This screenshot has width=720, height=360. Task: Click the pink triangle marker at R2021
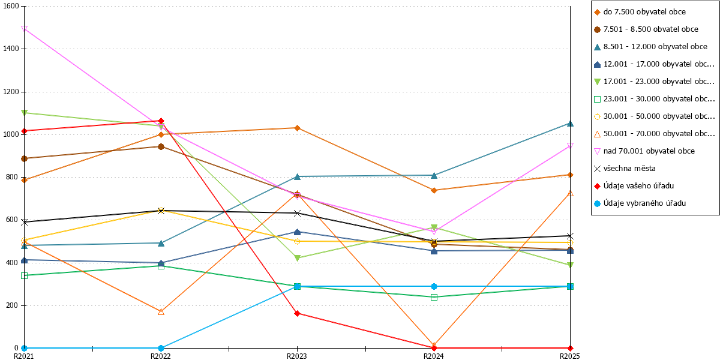click(24, 29)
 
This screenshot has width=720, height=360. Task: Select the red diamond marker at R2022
click(161, 121)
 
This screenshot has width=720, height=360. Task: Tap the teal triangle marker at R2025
click(570, 124)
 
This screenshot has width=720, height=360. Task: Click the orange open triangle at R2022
click(161, 312)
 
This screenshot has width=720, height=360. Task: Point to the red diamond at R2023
click(298, 313)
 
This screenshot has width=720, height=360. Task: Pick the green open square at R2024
click(434, 298)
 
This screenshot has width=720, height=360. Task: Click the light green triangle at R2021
click(24, 113)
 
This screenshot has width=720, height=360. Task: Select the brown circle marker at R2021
click(24, 158)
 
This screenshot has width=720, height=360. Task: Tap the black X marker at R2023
click(298, 213)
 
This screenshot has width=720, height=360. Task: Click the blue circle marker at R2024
click(434, 286)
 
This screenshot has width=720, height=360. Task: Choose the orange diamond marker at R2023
click(298, 128)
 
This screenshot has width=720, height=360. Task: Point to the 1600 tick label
click(11, 6)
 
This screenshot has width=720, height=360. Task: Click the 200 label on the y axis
click(13, 305)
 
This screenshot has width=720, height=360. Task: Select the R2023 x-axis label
click(296, 356)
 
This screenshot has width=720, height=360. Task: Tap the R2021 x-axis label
click(23, 356)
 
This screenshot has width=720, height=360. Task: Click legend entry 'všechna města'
click(625, 169)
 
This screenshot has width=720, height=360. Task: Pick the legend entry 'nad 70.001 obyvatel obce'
click(644, 151)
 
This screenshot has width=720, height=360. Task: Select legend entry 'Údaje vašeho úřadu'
click(634, 186)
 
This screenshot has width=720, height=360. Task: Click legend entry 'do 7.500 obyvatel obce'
click(640, 12)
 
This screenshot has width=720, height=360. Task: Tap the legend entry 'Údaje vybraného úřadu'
click(640, 203)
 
